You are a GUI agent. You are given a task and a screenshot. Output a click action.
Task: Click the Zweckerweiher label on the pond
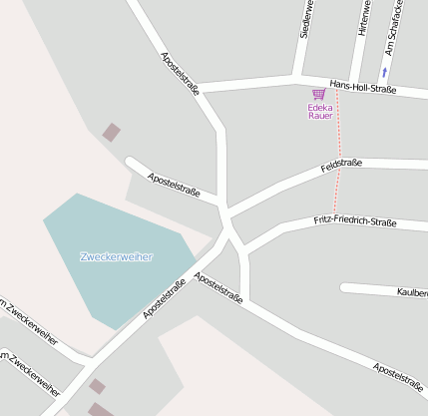point(117,257)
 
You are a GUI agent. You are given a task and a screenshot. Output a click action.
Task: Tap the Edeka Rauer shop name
point(320,111)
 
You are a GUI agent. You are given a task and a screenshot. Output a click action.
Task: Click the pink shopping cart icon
point(319,94)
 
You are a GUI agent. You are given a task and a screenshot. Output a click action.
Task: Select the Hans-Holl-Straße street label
point(362,89)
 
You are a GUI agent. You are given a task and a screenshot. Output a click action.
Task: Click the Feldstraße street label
point(341,164)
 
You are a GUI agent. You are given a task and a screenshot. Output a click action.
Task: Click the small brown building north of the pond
point(112,132)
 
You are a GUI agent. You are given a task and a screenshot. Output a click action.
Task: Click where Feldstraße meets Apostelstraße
point(226,213)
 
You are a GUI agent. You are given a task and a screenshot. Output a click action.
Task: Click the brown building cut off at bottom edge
point(101,409)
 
